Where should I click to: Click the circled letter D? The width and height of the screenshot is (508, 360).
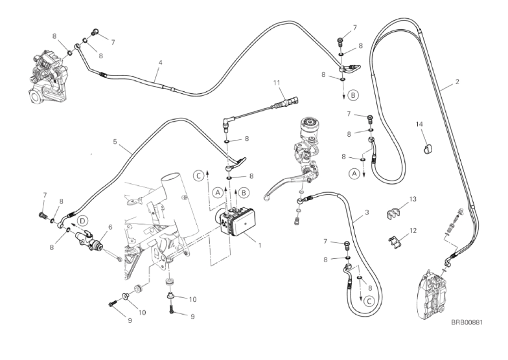[83, 221]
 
